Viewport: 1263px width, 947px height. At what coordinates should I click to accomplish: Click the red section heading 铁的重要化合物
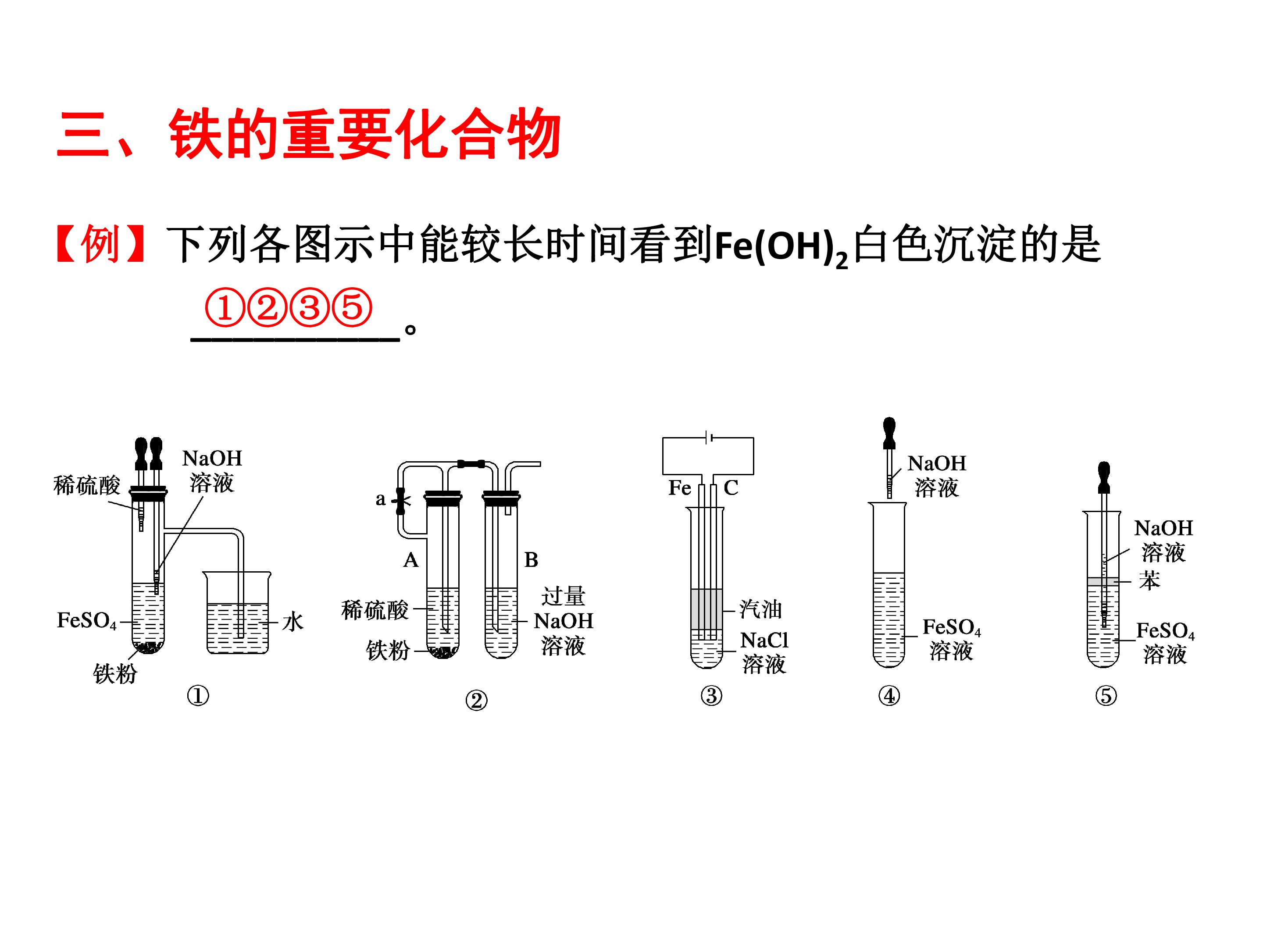click(x=365, y=135)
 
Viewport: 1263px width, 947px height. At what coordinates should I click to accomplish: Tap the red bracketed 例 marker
click(x=100, y=244)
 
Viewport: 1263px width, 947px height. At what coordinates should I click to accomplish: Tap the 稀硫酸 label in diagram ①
click(x=87, y=485)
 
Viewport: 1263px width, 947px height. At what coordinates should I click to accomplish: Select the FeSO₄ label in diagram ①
click(x=87, y=620)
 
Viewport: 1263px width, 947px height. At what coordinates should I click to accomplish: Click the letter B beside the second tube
click(x=531, y=560)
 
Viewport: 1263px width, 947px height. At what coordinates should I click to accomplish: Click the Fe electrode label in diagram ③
click(x=679, y=488)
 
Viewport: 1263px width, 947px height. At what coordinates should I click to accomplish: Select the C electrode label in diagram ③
click(x=731, y=488)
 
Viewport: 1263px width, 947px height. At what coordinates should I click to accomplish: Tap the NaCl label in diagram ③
click(x=764, y=641)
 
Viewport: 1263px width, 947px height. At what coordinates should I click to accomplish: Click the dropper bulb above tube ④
click(x=889, y=432)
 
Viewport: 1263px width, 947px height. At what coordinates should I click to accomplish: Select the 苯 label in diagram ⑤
click(x=1149, y=580)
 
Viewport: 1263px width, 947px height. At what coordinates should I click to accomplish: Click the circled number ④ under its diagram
click(x=889, y=696)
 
